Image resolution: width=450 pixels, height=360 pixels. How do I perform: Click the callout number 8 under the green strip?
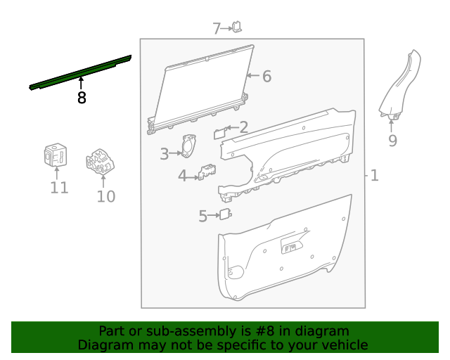tap(82, 98)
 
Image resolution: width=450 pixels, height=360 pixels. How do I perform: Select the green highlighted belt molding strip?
tap(80, 72)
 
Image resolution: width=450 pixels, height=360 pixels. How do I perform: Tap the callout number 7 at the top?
tap(217, 29)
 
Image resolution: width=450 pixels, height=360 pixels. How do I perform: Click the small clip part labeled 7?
tap(237, 27)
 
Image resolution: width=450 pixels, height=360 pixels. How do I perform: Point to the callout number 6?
tap(267, 77)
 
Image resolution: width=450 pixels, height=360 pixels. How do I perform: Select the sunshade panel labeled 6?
tap(200, 89)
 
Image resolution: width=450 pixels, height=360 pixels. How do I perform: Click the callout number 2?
tap(244, 127)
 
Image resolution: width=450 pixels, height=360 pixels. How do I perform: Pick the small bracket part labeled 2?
tap(220, 133)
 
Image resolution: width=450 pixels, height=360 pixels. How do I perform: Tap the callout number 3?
tap(164, 154)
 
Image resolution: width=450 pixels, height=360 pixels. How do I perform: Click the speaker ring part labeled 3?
tap(188, 146)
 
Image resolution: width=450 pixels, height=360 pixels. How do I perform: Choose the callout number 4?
tap(183, 175)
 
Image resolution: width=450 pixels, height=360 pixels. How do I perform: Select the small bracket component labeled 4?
tap(207, 172)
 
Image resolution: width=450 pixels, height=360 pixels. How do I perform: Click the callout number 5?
tap(203, 216)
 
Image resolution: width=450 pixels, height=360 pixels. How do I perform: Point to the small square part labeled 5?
tap(225, 214)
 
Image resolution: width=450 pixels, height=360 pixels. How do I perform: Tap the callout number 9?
tap(392, 141)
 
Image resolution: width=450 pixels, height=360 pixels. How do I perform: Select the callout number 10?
tap(106, 197)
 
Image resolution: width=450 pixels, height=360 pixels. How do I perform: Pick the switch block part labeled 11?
tap(56, 155)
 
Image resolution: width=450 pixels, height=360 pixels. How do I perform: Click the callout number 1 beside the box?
tap(375, 175)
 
